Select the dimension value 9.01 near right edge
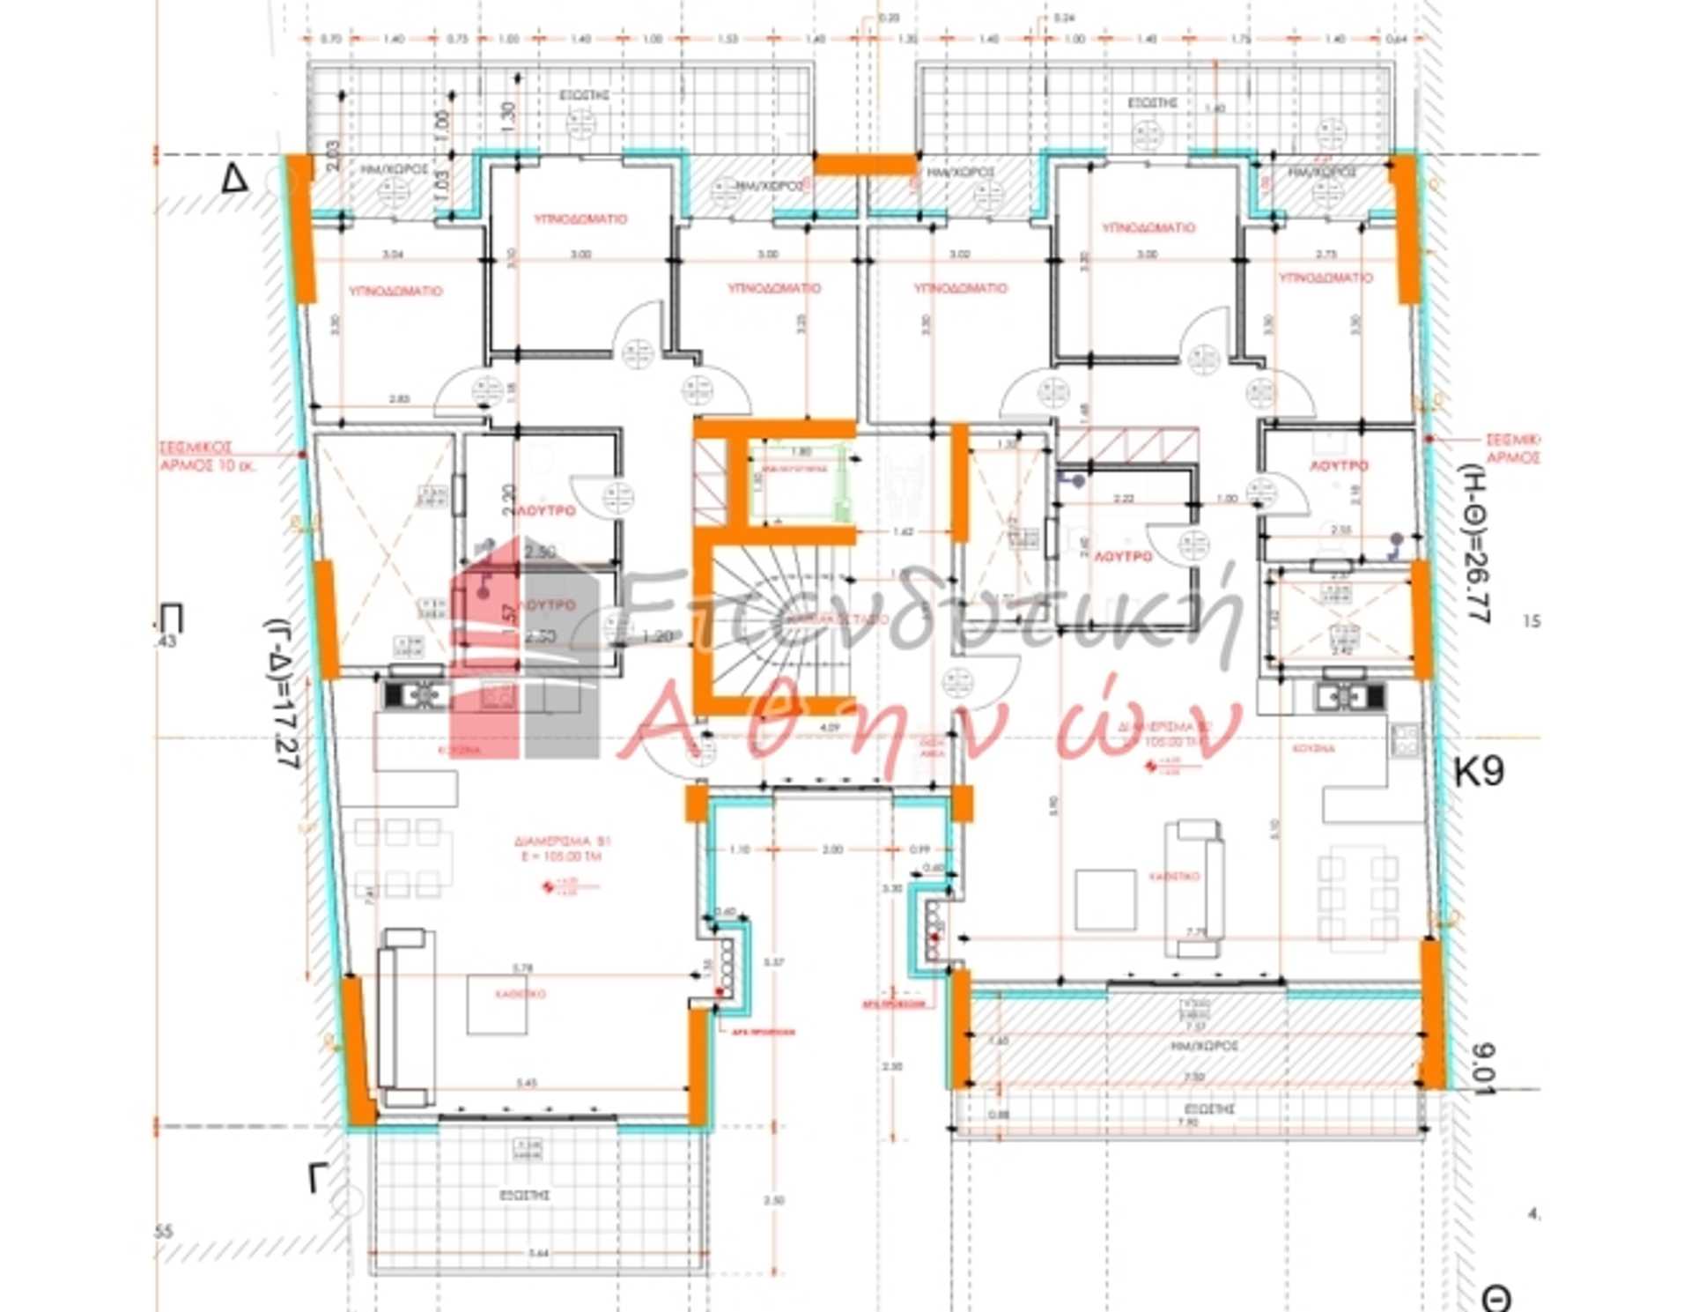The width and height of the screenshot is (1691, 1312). (x=1483, y=1069)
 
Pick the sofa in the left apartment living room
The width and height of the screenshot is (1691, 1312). (x=406, y=1018)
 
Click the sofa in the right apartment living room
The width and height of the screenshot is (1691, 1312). (x=1193, y=888)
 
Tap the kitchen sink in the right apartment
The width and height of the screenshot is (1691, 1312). (x=1350, y=697)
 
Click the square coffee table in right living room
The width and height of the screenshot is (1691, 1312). (x=1106, y=899)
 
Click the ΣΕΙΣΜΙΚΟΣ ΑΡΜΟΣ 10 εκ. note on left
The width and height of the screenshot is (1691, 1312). (x=207, y=456)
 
